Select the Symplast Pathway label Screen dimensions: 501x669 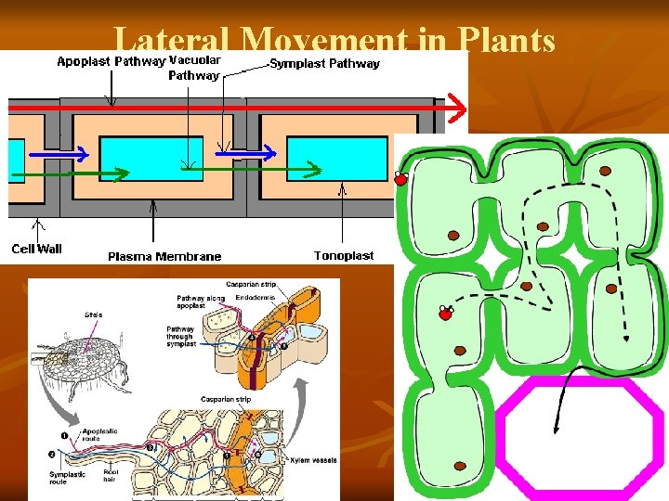[325, 64]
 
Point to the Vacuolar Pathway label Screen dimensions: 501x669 [194, 68]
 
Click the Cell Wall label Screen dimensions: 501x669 [36, 249]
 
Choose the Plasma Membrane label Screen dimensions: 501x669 [164, 256]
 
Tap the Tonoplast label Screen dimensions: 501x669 [344, 255]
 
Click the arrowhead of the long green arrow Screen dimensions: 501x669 [316, 171]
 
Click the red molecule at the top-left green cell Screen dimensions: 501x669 [401, 179]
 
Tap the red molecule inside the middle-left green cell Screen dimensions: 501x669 [445, 314]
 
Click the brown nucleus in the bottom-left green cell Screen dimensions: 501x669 [461, 466]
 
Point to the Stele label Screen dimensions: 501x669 [94, 315]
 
